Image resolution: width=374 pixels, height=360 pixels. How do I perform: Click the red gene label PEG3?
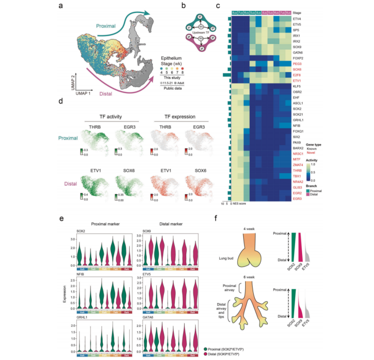pyautogui.click(x=297, y=63)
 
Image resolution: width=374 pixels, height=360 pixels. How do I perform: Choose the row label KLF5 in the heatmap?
pyautogui.click(x=296, y=86)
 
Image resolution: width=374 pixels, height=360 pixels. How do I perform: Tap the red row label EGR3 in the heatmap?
pyautogui.click(x=297, y=198)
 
